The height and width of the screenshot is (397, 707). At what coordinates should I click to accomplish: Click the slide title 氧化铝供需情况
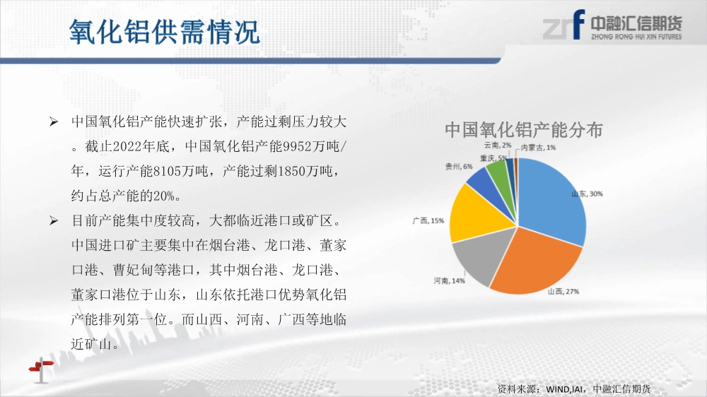coord(165,32)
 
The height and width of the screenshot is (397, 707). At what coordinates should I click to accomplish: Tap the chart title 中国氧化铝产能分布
coord(524,130)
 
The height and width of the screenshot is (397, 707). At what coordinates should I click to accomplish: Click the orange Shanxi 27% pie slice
coord(537,263)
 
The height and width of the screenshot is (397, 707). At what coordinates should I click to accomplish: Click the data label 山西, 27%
coord(563,292)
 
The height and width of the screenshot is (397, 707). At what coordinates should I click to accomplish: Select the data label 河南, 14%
coord(449,280)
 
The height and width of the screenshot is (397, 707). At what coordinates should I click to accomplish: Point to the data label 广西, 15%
coord(428,221)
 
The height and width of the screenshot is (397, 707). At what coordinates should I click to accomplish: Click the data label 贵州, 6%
coord(459,167)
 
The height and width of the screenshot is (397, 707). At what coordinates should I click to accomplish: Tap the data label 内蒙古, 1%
coord(538,148)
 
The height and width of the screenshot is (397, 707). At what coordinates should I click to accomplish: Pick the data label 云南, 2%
coord(498,145)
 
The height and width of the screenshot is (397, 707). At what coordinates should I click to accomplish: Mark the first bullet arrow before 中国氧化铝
coord(54,122)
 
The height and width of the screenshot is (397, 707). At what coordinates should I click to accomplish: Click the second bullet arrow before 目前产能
coord(54,220)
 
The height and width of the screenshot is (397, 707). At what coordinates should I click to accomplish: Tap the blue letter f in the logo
coord(578,24)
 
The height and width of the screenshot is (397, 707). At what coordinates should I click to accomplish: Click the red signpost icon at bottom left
coord(41,369)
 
